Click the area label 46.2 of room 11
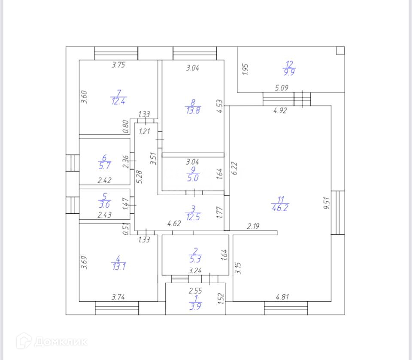coord(280,209)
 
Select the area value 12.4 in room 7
coord(118,101)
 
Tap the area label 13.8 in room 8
coord(193,110)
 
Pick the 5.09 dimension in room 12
coord(282,88)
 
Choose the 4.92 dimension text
coord(280,110)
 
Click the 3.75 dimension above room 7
coord(119,65)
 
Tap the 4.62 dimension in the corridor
coord(174,224)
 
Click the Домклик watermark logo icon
coord(24,341)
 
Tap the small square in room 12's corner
coord(340,51)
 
